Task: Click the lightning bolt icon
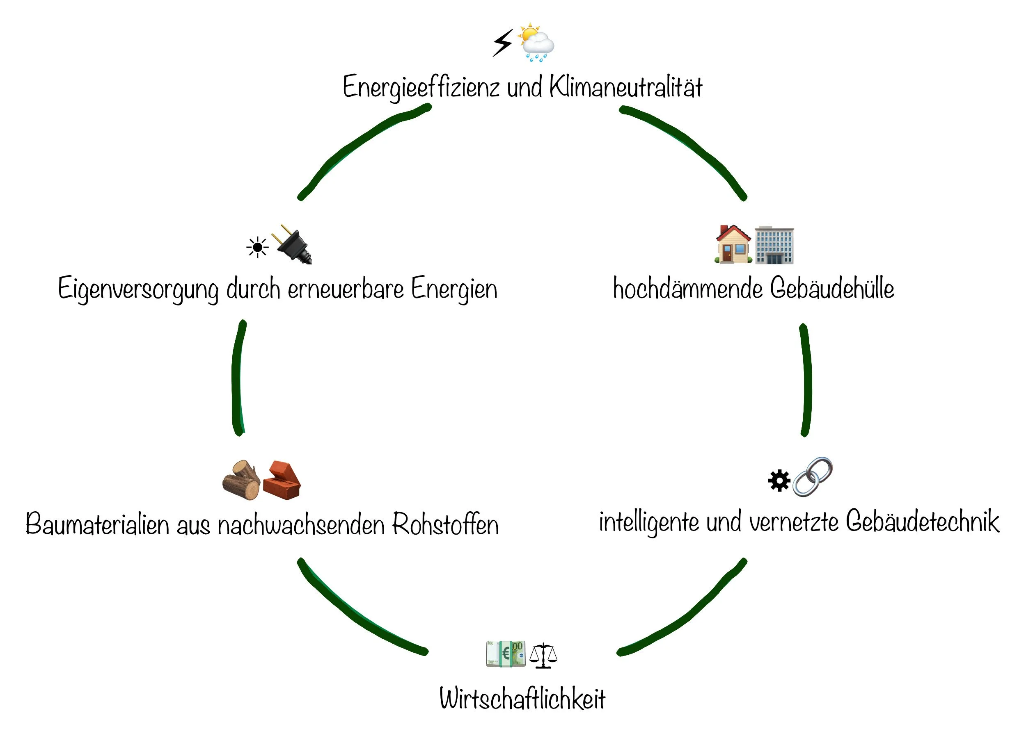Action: click(x=503, y=43)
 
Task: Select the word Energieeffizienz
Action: click(x=421, y=87)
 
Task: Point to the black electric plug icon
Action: click(x=293, y=244)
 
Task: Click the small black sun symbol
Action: click(x=257, y=247)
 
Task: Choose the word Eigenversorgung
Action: click(x=138, y=289)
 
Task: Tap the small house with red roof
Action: click(x=733, y=244)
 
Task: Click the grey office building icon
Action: click(x=774, y=245)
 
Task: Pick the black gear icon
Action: click(x=779, y=481)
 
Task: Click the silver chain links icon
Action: click(x=813, y=477)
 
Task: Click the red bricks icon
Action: click(x=282, y=481)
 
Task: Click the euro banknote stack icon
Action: click(x=506, y=654)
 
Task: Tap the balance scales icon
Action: click(x=543, y=656)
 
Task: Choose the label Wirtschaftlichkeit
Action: click(x=522, y=698)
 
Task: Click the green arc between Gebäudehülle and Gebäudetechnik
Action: click(x=806, y=380)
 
